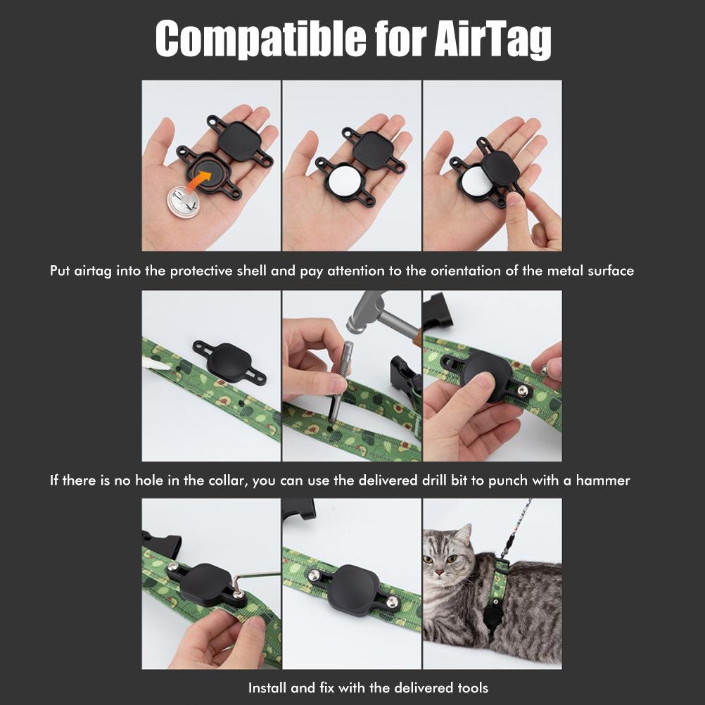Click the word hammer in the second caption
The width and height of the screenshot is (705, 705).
tap(603, 481)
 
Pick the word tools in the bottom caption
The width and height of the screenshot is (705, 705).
tap(470, 687)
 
